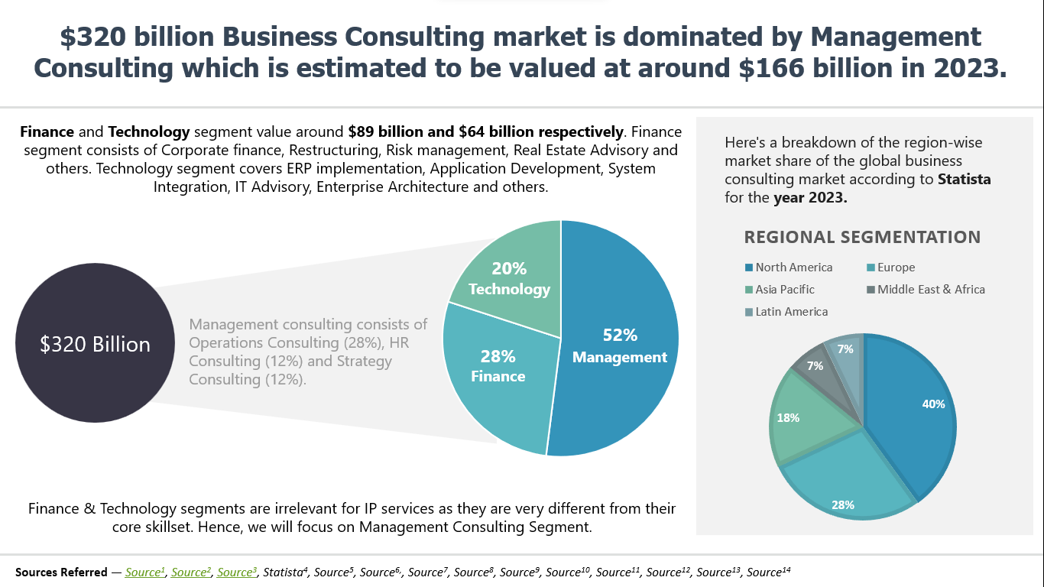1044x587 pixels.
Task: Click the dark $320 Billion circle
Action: (95, 344)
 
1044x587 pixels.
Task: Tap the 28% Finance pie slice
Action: (497, 367)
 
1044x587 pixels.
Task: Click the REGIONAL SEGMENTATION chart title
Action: (862, 237)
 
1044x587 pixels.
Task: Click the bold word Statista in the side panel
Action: (965, 180)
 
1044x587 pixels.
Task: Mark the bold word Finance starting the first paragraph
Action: (47, 131)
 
